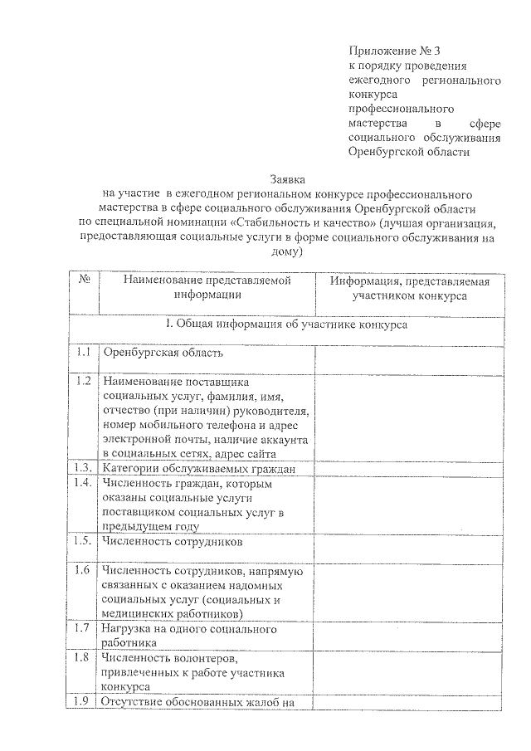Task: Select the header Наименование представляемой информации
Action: [x=207, y=287]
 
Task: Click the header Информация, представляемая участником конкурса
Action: [x=409, y=287]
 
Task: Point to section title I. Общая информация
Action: [x=287, y=325]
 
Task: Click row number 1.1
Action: [x=82, y=353]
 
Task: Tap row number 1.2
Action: [x=82, y=381]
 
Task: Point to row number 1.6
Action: [x=82, y=570]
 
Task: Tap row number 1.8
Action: [x=82, y=658]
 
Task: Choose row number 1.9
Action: [x=82, y=703]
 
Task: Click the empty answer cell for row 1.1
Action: [x=409, y=358]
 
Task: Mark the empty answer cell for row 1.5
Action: [x=409, y=547]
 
